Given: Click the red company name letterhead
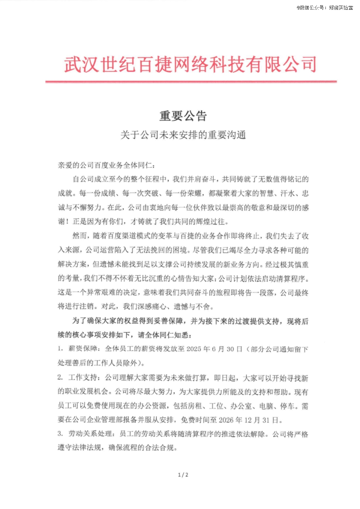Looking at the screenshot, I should [190, 64].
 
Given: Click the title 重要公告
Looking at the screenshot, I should [183, 116].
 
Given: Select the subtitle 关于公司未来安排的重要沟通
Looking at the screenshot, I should [183, 135].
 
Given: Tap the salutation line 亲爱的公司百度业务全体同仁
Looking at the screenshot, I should [106, 165].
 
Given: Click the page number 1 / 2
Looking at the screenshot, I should [183, 475].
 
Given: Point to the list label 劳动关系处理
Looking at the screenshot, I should [90, 434].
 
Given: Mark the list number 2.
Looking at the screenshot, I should [60, 377].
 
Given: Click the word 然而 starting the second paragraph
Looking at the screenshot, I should [80, 236].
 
